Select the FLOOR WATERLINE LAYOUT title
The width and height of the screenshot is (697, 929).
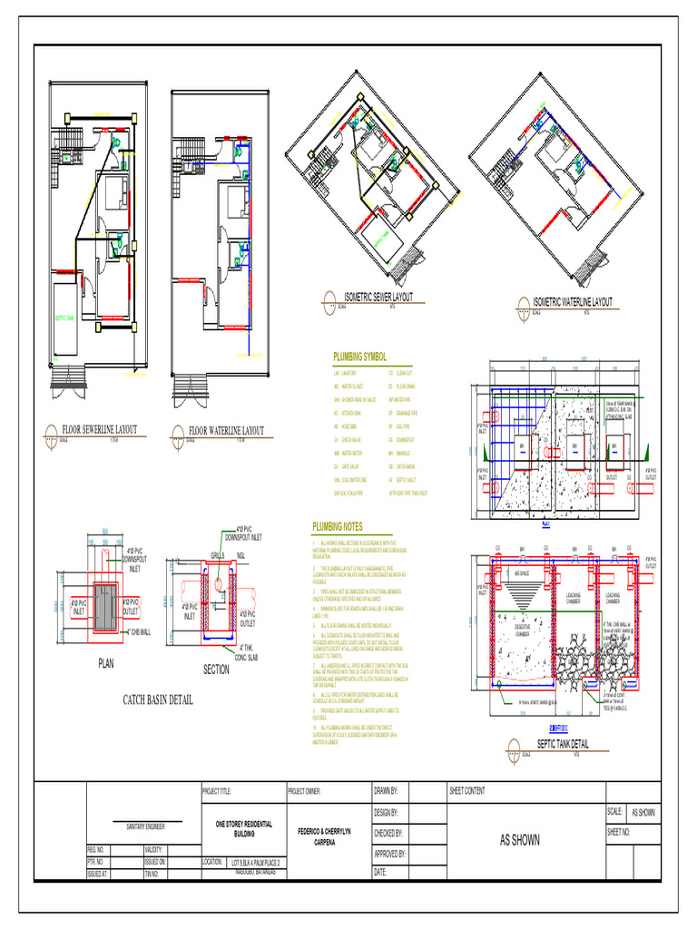pos(226,431)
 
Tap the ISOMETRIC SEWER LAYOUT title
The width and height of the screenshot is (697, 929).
pos(378,298)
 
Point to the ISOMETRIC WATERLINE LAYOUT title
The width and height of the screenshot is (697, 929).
pos(572,301)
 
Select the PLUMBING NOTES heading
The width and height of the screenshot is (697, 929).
pos(338,526)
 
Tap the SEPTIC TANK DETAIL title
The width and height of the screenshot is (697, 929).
pos(562,743)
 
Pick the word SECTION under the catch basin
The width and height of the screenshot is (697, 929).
pos(216,670)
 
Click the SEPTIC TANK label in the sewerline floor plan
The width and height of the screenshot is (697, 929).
pos(66,318)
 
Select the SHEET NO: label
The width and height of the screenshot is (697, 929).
pos(621,831)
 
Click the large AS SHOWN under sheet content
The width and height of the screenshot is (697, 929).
pos(520,840)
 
